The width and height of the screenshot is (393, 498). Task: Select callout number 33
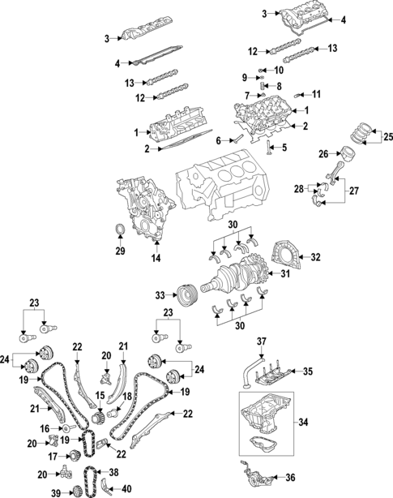click(x=160, y=294)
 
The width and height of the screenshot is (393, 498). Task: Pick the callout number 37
click(x=261, y=341)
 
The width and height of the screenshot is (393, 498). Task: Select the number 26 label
click(x=322, y=152)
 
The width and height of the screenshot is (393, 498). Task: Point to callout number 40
click(x=127, y=488)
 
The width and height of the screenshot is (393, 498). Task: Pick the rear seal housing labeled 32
click(x=286, y=252)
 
